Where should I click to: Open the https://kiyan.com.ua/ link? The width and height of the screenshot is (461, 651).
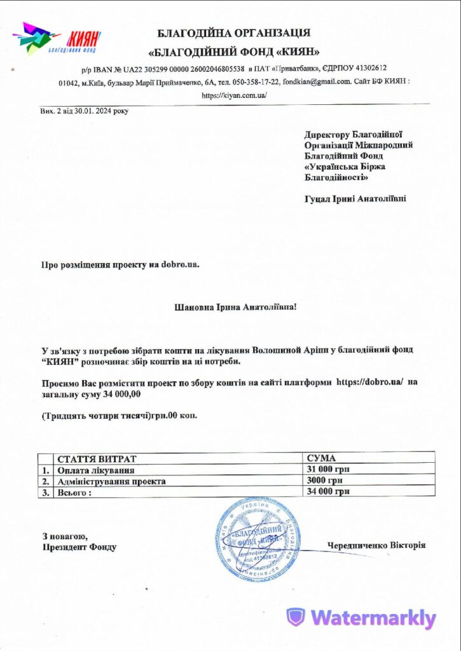[x=234, y=95]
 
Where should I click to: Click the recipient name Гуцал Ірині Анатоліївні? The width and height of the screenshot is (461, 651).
[x=355, y=198]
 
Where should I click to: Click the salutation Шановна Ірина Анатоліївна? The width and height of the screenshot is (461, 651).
[x=235, y=307]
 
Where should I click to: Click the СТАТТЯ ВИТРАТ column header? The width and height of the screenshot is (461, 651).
[x=97, y=458]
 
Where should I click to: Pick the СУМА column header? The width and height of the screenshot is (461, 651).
[x=321, y=458]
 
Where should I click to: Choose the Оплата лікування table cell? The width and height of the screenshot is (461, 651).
[x=95, y=470]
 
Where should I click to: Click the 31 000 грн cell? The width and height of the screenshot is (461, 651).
[x=328, y=470]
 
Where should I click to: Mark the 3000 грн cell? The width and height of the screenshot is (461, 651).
[x=324, y=481]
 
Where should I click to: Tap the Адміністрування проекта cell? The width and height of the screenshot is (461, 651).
[x=111, y=481]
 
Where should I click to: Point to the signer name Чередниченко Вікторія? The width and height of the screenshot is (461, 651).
[x=376, y=545]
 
